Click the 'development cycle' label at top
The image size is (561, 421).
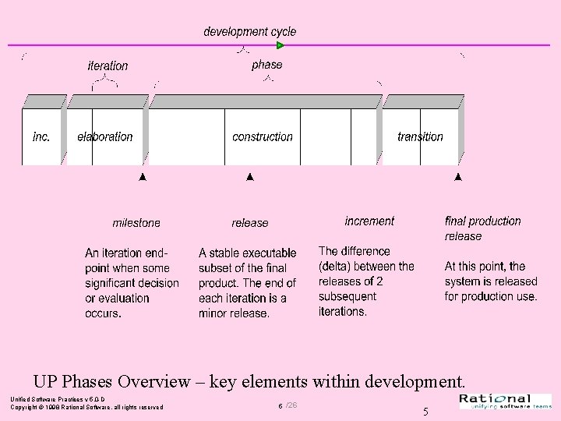[249, 32]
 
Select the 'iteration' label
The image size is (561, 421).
[108, 66]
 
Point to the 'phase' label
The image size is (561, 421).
[267, 65]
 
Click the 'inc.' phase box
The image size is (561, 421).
[41, 136]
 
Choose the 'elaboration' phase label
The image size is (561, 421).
[105, 136]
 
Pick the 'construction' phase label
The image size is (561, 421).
[263, 136]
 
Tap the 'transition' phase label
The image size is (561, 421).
[420, 136]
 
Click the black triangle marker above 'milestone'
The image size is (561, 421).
[142, 178]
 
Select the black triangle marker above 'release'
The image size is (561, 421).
[249, 178]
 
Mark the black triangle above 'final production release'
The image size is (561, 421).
[457, 178]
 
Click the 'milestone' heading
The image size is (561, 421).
[136, 223]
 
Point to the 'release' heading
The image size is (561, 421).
[249, 223]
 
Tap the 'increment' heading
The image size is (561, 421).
[369, 221]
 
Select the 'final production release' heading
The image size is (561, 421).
[482, 228]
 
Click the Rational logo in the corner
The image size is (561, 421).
[506, 401]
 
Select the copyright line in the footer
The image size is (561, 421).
[86, 407]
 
